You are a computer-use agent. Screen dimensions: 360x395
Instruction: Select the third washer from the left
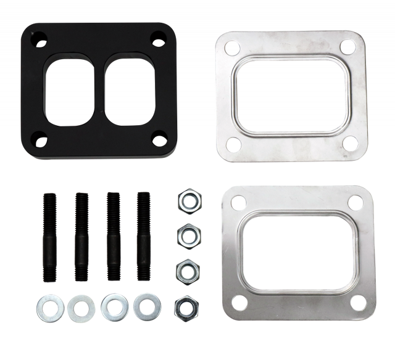pos(113,304)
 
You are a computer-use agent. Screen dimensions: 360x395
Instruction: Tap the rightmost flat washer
pos(147,304)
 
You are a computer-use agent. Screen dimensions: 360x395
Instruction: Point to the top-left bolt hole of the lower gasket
pos(236,201)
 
